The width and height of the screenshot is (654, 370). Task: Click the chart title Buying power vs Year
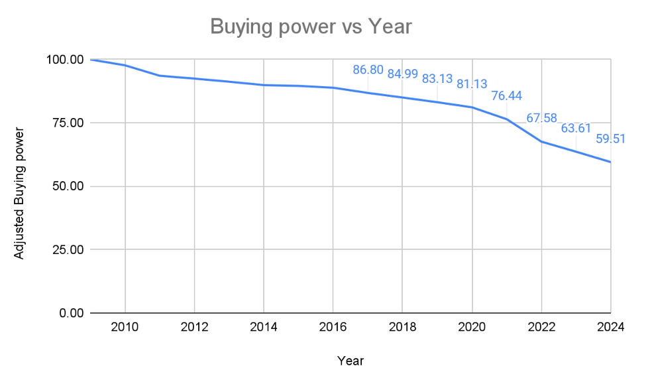tap(311, 27)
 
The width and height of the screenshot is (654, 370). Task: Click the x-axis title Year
tap(350, 361)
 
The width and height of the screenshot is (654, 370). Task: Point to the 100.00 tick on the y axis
tap(64, 60)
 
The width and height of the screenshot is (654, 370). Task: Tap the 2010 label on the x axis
tap(125, 327)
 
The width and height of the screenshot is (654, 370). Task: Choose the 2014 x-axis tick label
tap(264, 327)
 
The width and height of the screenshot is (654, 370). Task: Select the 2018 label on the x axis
tap(403, 327)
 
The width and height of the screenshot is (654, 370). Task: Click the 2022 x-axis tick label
tap(541, 327)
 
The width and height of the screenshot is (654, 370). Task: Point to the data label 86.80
tap(368, 70)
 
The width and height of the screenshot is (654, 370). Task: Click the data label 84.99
tap(403, 74)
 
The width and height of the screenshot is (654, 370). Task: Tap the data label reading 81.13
tap(472, 84)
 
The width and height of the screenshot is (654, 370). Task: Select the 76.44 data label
tap(507, 96)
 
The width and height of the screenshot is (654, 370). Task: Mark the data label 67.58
tap(542, 119)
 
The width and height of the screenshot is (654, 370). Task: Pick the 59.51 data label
tap(610, 139)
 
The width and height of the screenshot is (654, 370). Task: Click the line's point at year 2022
tap(541, 141)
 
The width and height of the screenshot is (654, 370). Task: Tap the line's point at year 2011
tap(160, 76)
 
